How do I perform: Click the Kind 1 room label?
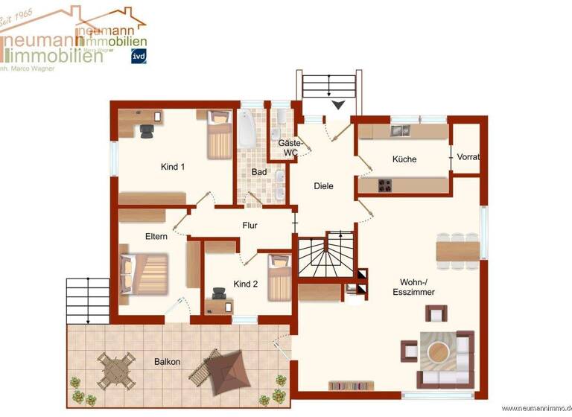pyautogui.click(x=172, y=167)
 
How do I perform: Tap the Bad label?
pyautogui.click(x=258, y=172)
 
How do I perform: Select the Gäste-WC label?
pyautogui.click(x=288, y=147)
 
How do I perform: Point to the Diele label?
pyautogui.click(x=322, y=186)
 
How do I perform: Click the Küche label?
pyautogui.click(x=404, y=159)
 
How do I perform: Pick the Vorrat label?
pyautogui.click(x=468, y=157)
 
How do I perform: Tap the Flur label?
pyautogui.click(x=250, y=224)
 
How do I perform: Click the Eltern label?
pyautogui.click(x=156, y=236)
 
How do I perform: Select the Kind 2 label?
pyautogui.click(x=245, y=284)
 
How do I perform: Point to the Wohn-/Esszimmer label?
pyautogui.click(x=413, y=287)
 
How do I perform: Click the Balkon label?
pyautogui.click(x=167, y=361)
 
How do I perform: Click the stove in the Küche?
pyautogui.click(x=385, y=185)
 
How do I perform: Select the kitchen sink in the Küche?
pyautogui.click(x=400, y=131)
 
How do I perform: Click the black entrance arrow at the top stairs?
pyautogui.click(x=339, y=106)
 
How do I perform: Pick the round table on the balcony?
pyautogui.click(x=116, y=370)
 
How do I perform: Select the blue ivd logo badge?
pyautogui.click(x=139, y=57)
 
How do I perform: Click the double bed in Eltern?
pyautogui.click(x=147, y=273)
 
